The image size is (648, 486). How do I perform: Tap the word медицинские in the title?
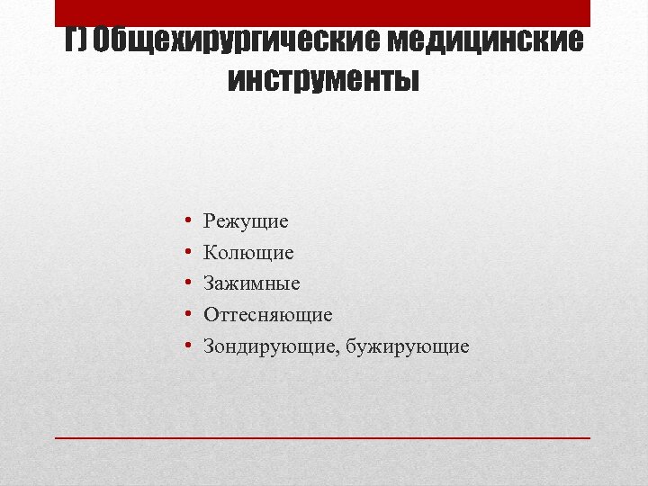(x=486, y=40)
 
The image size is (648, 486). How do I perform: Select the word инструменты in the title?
(x=324, y=81)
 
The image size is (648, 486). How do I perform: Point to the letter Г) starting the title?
(x=75, y=40)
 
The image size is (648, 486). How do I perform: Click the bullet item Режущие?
(x=246, y=221)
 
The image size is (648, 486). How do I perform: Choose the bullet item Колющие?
(x=248, y=253)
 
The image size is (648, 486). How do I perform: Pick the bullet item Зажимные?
(x=252, y=283)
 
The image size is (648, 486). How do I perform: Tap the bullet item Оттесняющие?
(x=268, y=315)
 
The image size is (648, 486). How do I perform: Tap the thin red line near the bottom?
(x=324, y=437)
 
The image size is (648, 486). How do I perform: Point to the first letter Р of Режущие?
(x=209, y=220)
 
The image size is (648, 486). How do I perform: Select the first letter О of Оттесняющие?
(x=211, y=315)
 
